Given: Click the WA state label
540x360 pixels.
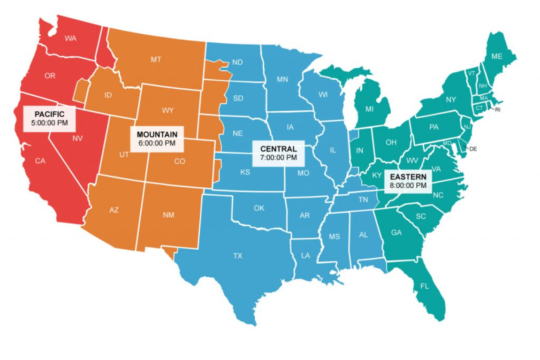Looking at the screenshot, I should tap(70, 38).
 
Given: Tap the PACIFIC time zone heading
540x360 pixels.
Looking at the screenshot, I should tap(49, 114).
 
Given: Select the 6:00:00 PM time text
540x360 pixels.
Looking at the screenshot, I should tap(157, 143).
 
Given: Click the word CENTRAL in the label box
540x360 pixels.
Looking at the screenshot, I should tap(278, 149).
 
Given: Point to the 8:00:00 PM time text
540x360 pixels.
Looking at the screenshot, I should tap(408, 186).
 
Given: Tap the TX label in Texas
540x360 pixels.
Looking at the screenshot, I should tap(238, 256).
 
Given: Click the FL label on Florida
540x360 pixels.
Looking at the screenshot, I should tap(424, 286).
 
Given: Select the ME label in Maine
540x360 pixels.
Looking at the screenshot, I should tap(496, 56).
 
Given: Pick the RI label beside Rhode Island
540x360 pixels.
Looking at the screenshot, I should tap(498, 110).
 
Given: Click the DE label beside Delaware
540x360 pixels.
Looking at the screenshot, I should tap(473, 149).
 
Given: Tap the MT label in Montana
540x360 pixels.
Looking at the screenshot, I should tap(156, 60).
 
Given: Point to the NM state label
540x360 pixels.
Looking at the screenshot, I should tap(168, 215).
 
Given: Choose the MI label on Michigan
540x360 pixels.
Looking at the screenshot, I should tap(369, 109).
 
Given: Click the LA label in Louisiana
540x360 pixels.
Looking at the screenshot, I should tap(305, 255).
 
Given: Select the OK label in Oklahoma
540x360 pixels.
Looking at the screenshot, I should tap(259, 208).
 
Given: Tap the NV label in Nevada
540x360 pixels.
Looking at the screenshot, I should tap(77, 138).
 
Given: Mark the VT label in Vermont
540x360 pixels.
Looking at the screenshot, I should tap(471, 73).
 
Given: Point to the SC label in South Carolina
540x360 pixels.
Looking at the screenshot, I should tap(421, 216).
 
